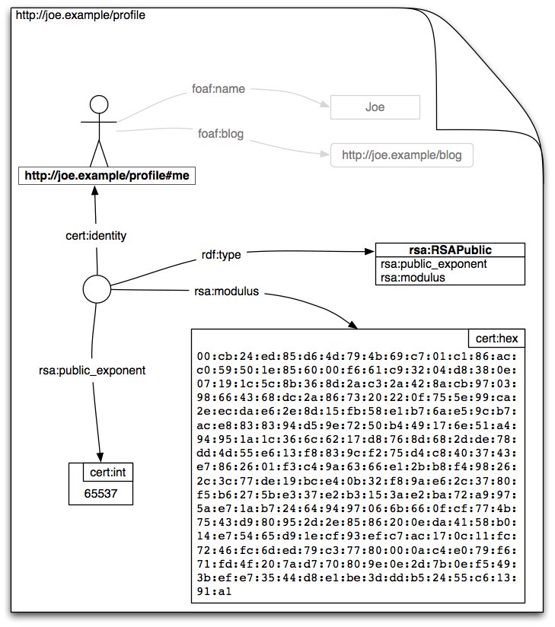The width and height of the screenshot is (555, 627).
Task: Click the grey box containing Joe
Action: point(375,107)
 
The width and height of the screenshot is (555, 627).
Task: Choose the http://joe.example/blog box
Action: point(401,156)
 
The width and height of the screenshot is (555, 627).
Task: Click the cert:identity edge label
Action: point(96,236)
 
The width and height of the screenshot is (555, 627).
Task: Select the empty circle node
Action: point(97,288)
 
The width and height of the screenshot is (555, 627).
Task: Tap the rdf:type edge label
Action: point(220,255)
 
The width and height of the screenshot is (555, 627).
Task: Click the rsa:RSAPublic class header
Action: point(451,250)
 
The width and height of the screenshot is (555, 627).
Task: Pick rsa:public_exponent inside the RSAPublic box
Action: point(433,264)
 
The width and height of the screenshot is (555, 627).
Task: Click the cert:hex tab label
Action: point(495,339)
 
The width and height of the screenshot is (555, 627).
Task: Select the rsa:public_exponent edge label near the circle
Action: point(92,371)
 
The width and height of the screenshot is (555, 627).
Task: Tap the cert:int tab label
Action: point(109,473)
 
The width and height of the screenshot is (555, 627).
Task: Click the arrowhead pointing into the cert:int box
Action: point(101,454)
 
